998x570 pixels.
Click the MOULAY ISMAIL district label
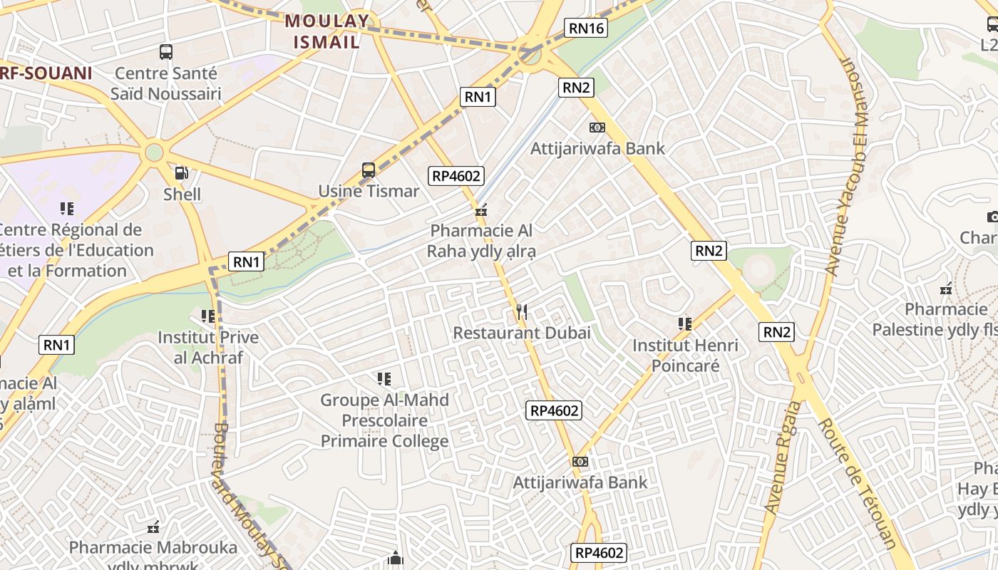point(327,31)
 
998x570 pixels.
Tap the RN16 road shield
point(585,28)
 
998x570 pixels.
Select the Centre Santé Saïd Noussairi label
point(165,83)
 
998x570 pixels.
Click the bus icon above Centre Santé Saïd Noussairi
point(166,51)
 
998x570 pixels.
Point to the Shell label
point(182,194)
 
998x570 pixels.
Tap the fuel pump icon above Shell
point(182,172)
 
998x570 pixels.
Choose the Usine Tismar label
point(369,191)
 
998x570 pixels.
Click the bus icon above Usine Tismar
point(369,170)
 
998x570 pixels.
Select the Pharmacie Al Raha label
point(481,241)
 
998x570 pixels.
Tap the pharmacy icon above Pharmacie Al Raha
point(481,211)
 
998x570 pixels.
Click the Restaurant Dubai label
point(522,333)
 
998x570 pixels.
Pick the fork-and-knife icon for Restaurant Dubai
point(522,311)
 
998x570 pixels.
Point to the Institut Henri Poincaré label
point(685,356)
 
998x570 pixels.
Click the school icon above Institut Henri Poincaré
point(685,324)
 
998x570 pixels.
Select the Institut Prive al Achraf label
point(208,347)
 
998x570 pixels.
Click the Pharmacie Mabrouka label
point(153,548)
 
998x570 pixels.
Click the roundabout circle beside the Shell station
point(154,152)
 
